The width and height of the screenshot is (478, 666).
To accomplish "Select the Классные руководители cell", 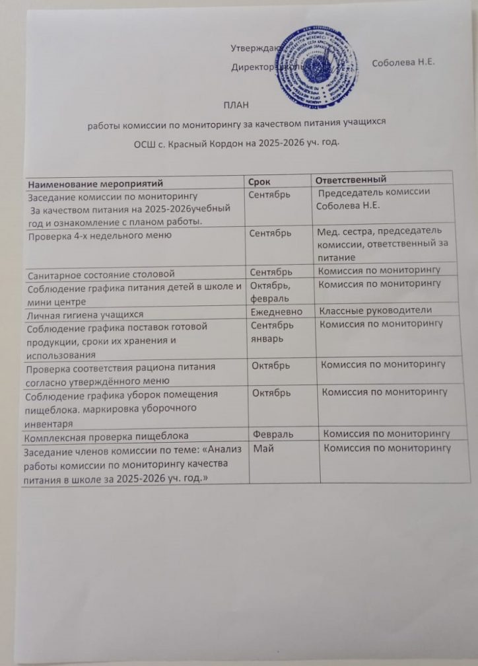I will pyautogui.click(x=375, y=311).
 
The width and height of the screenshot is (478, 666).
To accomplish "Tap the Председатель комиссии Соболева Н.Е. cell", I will pyautogui.click(x=373, y=198).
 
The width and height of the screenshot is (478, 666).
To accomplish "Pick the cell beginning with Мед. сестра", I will pyautogui.click(x=380, y=242).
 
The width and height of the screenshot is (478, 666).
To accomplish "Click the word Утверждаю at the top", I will pyautogui.click(x=254, y=48).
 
